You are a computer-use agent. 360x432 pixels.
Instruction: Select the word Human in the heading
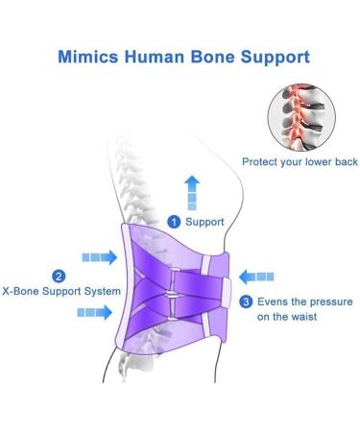pyautogui.click(x=154, y=58)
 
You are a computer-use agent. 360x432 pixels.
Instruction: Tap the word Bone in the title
pyautogui.click(x=213, y=58)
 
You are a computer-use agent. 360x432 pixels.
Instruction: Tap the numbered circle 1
pyautogui.click(x=174, y=222)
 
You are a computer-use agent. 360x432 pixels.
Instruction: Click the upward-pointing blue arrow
pyautogui.click(x=193, y=191)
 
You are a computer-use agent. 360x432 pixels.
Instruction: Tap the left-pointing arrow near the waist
pyautogui.click(x=256, y=277)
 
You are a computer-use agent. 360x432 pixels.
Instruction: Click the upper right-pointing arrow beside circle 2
pyautogui.click(x=98, y=257)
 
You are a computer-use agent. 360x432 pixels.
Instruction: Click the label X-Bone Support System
pyautogui.click(x=61, y=291)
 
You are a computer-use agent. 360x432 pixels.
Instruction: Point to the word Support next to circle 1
pyautogui.click(x=204, y=222)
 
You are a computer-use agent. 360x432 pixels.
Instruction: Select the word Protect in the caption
pyautogui.click(x=260, y=161)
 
